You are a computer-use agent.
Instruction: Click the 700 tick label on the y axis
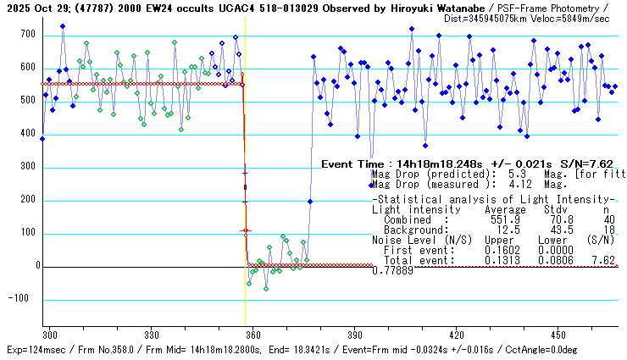(28, 35)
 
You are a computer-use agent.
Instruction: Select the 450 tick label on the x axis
(558, 335)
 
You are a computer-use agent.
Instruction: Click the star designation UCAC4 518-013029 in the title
(239, 7)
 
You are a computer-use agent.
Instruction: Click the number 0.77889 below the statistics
(392, 270)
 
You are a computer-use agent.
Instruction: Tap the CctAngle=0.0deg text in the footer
(579, 349)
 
